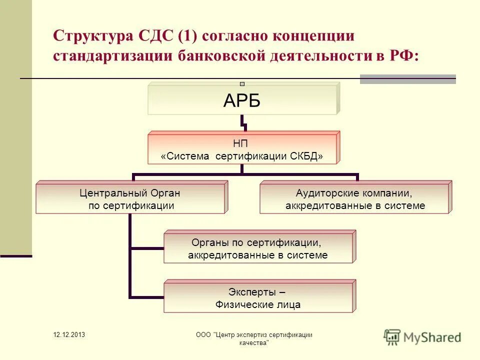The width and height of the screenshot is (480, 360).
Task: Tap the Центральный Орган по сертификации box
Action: pos(130,199)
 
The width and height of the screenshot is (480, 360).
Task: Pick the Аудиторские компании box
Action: pos(354,199)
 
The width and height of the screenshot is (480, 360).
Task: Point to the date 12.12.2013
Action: pos(69,334)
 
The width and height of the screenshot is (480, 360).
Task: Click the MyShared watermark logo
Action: pos(422,336)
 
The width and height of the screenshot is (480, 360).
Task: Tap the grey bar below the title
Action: pos(407,79)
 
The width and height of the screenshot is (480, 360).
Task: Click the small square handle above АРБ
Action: pos(242,84)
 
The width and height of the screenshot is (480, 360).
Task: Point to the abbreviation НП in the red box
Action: pos(242,144)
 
